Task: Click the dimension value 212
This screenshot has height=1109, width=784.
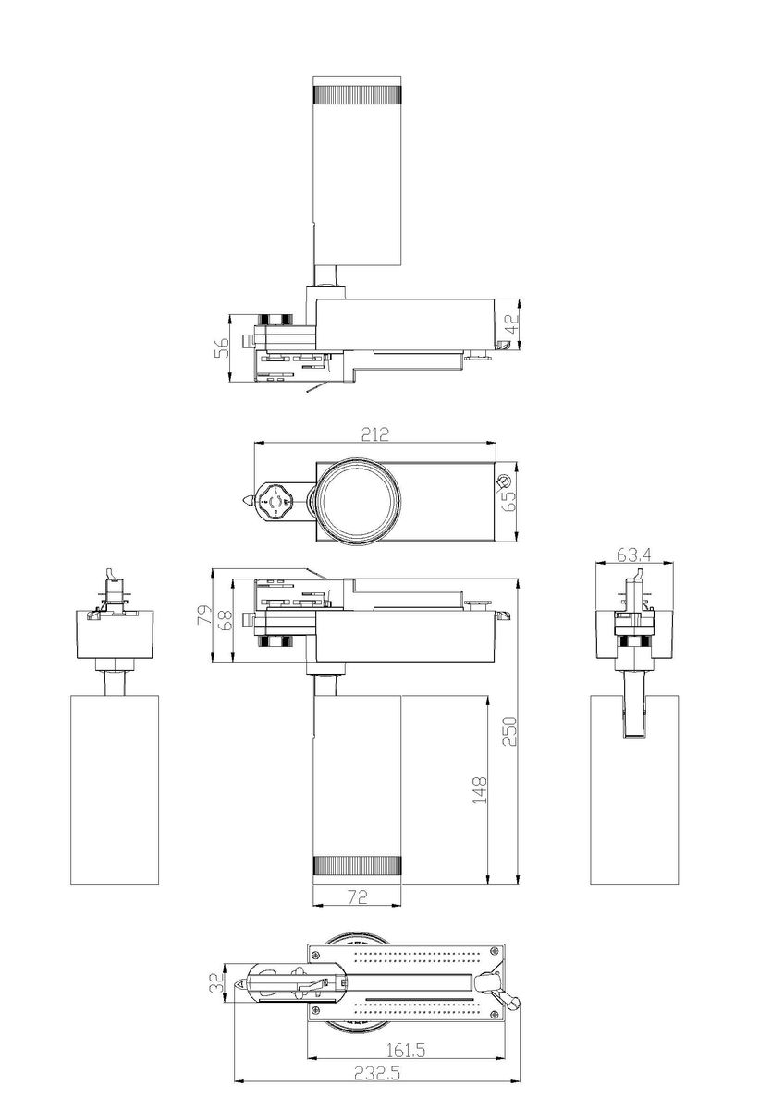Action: click(374, 433)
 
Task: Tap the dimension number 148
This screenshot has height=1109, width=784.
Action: click(479, 791)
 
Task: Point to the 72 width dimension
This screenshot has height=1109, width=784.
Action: click(357, 896)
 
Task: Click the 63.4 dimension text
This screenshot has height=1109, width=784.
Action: click(635, 554)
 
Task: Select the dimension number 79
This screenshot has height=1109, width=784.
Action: click(203, 616)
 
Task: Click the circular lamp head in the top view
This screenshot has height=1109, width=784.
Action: click(357, 499)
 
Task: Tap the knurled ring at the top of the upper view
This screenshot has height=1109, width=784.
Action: click(357, 92)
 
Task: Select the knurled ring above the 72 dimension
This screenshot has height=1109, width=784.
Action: click(357, 866)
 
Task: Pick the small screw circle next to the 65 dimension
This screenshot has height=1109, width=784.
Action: click(503, 481)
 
